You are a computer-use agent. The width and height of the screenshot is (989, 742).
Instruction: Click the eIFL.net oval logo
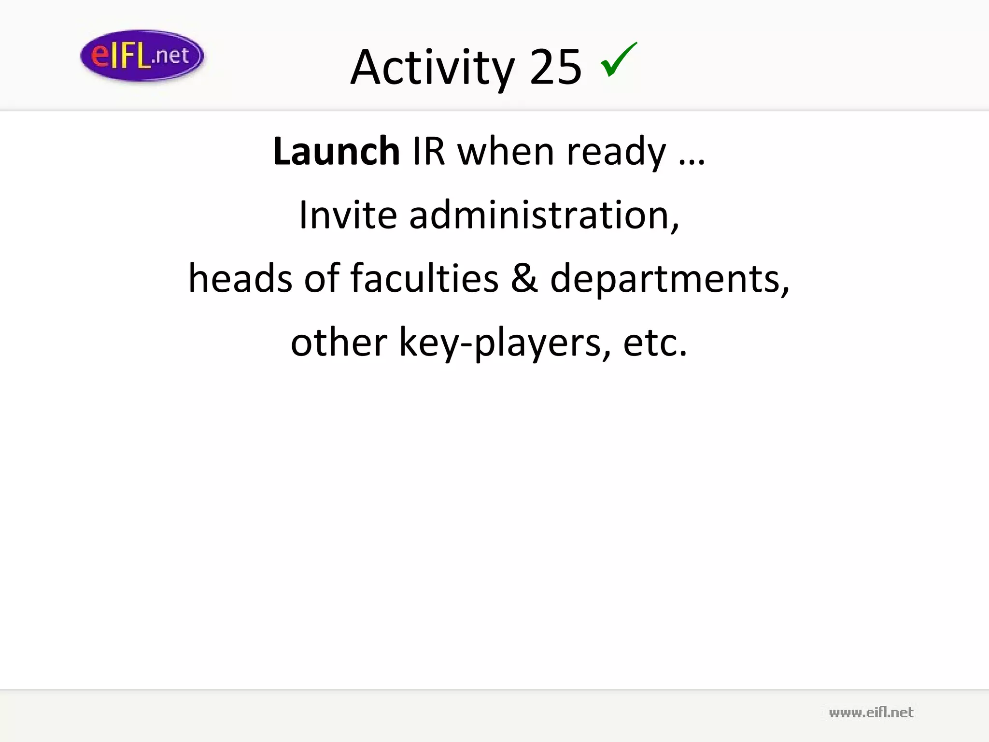pyautogui.click(x=142, y=56)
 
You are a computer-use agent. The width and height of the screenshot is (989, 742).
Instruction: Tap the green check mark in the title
pyautogui.click(x=619, y=60)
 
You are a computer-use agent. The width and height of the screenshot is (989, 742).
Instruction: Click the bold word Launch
pyautogui.click(x=336, y=151)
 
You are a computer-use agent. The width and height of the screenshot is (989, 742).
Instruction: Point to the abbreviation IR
pyautogui.click(x=428, y=151)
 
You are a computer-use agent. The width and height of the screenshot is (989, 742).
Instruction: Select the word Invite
pyautogui.click(x=348, y=215)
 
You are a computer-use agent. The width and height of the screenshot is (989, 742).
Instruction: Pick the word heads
pyautogui.click(x=240, y=278)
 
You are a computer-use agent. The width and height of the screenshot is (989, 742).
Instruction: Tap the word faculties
pyautogui.click(x=424, y=278)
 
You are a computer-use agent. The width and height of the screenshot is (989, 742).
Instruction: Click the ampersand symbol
pyautogui.click(x=524, y=279)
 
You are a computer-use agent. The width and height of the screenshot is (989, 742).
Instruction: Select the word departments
pyautogui.click(x=669, y=279)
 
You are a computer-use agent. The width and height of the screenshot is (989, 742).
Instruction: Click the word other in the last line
pyautogui.click(x=339, y=342)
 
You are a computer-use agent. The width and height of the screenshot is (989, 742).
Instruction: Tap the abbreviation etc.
pyautogui.click(x=655, y=343)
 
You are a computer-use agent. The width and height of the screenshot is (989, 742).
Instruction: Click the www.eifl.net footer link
pyautogui.click(x=871, y=713)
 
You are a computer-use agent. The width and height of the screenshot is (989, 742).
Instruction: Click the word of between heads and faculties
pyautogui.click(x=322, y=278)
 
